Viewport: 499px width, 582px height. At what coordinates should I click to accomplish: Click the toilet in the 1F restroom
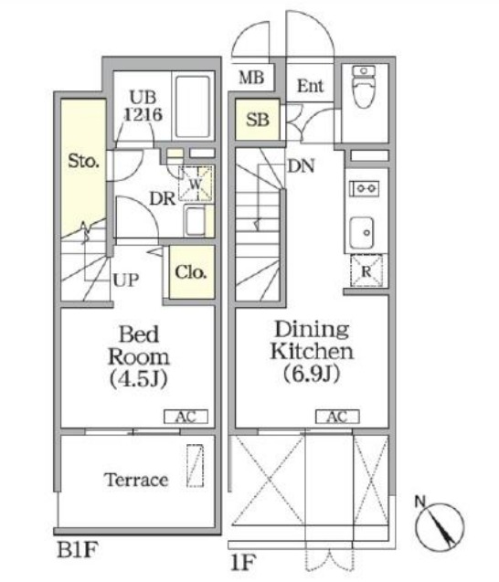[364, 86]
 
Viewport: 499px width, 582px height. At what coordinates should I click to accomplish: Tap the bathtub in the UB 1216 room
[193, 107]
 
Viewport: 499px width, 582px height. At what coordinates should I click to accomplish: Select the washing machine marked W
[196, 184]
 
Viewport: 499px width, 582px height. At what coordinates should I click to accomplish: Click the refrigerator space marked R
[366, 270]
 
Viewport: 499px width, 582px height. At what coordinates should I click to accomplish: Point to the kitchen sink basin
[361, 233]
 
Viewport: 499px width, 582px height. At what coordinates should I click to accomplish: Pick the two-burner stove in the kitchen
[365, 188]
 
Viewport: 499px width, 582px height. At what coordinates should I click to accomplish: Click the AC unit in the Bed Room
[186, 417]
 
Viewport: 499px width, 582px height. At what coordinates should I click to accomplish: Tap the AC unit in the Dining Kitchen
[337, 417]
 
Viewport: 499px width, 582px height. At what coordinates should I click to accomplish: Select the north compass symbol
[440, 525]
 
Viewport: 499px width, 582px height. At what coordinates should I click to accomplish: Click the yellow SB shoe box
[258, 119]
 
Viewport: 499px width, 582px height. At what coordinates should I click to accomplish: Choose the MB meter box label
[251, 78]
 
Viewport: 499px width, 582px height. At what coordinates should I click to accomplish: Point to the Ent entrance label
[310, 86]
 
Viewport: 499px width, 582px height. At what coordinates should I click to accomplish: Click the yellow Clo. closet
[192, 271]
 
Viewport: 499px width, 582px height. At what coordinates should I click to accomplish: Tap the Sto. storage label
[83, 161]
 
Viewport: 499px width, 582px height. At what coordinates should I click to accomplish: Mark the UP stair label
[126, 280]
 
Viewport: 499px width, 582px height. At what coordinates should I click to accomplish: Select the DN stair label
[301, 165]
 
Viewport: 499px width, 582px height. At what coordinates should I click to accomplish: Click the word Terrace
[136, 480]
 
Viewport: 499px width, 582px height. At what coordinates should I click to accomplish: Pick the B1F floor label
[77, 549]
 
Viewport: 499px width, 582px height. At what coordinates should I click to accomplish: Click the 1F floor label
[243, 563]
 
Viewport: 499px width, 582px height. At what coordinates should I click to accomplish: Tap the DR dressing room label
[163, 198]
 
